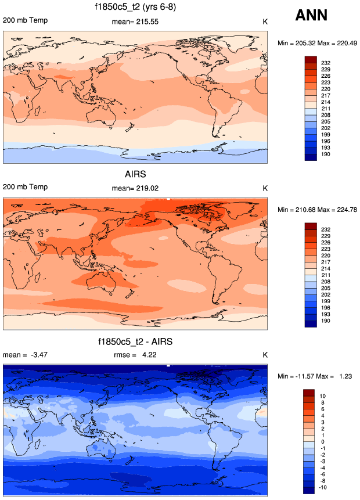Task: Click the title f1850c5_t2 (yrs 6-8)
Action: [x=135, y=8]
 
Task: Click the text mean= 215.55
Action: [x=135, y=22]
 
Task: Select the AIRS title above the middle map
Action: [x=135, y=175]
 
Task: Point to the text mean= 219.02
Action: [x=135, y=188]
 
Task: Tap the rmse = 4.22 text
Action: [x=135, y=355]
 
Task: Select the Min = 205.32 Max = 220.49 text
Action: [x=317, y=43]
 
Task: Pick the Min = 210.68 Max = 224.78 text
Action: [x=317, y=209]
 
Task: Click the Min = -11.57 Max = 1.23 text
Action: [x=317, y=376]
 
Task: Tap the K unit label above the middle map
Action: [x=265, y=188]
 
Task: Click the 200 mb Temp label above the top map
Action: [x=26, y=20]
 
